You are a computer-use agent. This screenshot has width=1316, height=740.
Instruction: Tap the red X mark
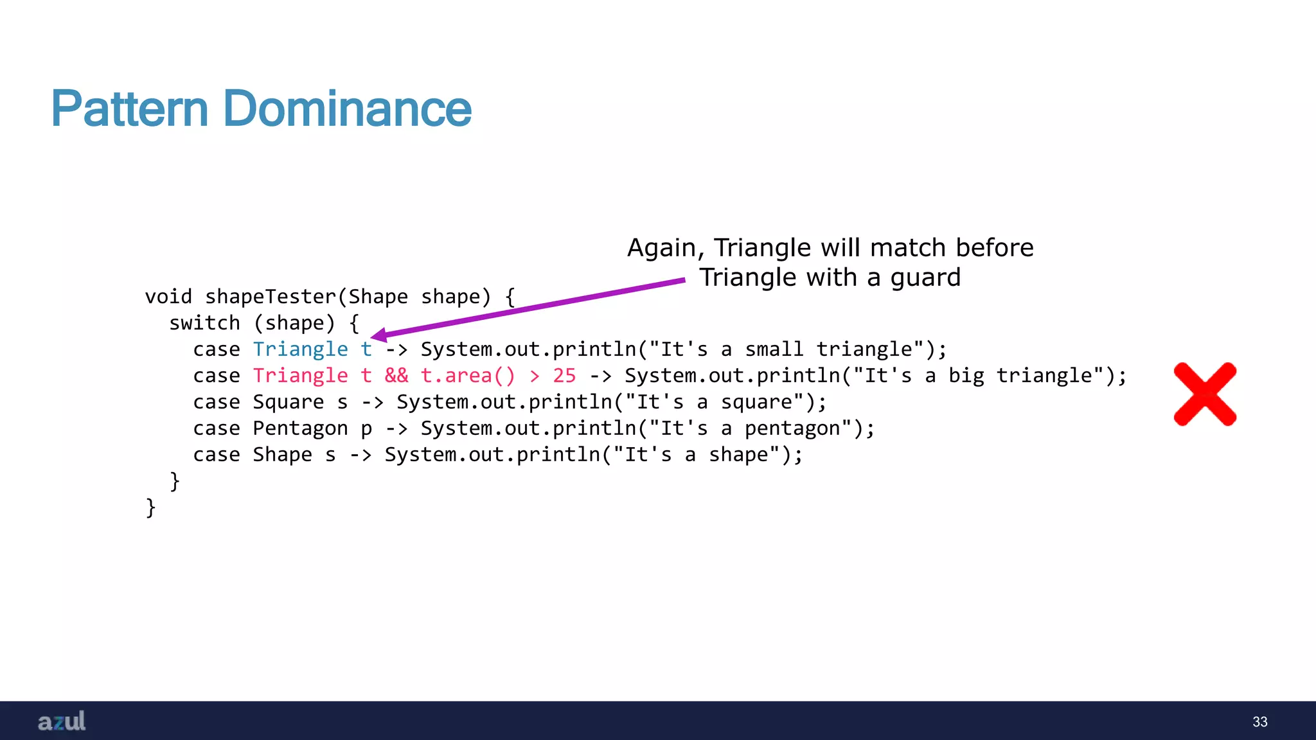(x=1205, y=394)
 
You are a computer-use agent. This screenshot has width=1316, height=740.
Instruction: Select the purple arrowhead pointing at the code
(x=379, y=335)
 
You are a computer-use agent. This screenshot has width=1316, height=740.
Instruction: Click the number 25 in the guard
(x=564, y=376)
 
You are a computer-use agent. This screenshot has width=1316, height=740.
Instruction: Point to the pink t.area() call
(x=468, y=376)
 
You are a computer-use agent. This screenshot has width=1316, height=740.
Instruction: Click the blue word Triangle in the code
(x=300, y=349)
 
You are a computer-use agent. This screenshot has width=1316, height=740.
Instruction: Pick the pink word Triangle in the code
(x=300, y=376)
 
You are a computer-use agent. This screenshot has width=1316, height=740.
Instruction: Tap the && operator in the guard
(x=396, y=376)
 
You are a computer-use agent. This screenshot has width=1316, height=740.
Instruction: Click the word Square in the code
(x=288, y=402)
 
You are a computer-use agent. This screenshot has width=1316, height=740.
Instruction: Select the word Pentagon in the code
(x=300, y=428)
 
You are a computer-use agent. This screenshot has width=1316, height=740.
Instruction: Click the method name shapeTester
(x=271, y=297)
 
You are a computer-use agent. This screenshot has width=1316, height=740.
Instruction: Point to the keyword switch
(x=204, y=323)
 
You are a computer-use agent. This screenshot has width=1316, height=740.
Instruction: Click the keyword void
(x=168, y=297)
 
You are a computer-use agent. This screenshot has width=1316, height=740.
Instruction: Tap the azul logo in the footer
(x=62, y=721)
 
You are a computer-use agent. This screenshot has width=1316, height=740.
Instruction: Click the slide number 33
(x=1259, y=722)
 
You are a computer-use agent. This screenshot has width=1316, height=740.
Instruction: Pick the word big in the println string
(x=966, y=376)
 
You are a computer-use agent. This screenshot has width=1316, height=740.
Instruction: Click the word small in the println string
(x=774, y=349)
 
